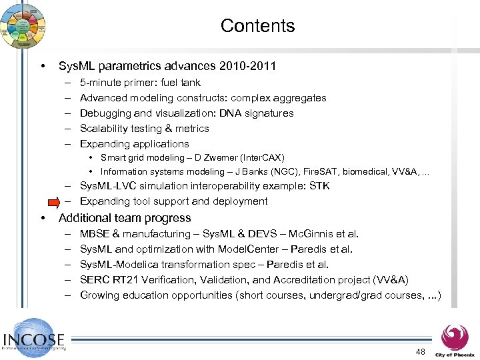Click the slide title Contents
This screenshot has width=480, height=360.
point(257,26)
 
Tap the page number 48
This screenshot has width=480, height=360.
point(420,351)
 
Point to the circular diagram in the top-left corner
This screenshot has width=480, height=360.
point(23,24)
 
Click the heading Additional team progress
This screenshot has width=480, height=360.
point(125,218)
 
